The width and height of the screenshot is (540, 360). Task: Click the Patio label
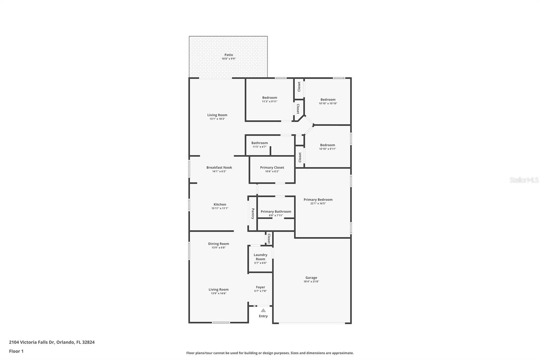tap(228, 55)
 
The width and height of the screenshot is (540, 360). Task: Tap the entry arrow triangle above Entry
tap(263, 310)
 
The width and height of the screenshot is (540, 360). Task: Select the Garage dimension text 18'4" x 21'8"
tap(311, 282)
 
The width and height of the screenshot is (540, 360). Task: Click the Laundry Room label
tap(260, 257)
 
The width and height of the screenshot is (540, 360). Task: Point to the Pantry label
tap(253, 213)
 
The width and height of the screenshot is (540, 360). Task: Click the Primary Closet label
tap(272, 168)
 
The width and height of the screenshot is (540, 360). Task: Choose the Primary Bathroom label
tap(276, 211)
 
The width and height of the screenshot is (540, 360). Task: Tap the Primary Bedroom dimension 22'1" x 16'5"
tap(318, 204)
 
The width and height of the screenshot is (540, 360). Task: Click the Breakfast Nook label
tap(219, 168)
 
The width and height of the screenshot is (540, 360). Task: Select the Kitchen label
tap(220, 204)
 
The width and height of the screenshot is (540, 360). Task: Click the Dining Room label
tap(218, 243)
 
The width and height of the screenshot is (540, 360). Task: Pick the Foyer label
tap(260, 287)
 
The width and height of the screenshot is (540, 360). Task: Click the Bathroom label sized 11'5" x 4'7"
tap(260, 143)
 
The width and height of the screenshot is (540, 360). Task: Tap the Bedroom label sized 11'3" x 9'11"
tap(270, 98)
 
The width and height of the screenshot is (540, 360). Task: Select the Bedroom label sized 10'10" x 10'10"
tap(328, 100)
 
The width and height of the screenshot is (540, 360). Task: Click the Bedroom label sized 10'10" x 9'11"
tap(327, 145)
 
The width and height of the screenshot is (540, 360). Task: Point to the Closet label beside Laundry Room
tap(269, 239)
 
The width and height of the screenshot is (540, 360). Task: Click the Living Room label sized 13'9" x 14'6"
tap(218, 289)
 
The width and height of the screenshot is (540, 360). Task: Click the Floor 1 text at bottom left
tap(16, 351)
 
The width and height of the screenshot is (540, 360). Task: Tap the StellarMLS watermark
tap(524, 180)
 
